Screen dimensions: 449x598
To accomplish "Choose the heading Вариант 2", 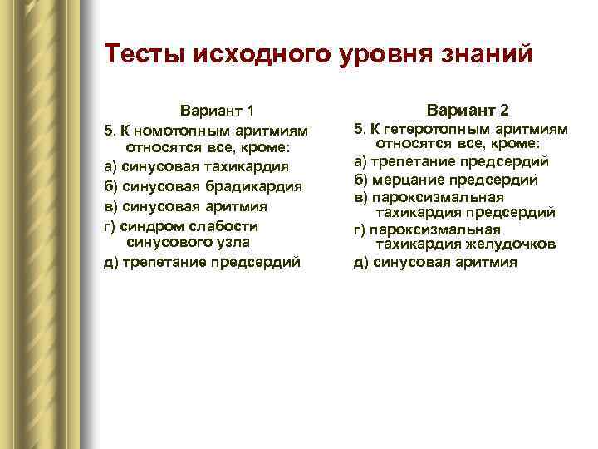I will click(x=468, y=111).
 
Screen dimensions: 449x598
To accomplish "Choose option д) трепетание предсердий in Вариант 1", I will click(x=202, y=263).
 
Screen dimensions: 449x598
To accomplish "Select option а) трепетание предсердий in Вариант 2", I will click(x=451, y=162).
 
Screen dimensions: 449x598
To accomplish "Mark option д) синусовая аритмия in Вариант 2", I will click(x=435, y=263).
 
